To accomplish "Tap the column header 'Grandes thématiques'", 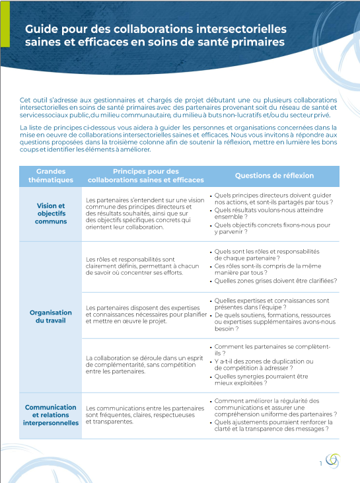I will (x=51, y=175).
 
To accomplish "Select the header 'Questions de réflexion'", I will (x=274, y=176).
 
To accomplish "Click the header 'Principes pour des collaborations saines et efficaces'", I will (x=146, y=175).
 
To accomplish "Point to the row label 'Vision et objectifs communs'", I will (x=51, y=213).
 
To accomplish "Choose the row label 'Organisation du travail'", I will (x=51, y=316).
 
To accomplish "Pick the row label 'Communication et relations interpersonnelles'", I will (x=51, y=415).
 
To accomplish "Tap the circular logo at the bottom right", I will (x=332, y=461).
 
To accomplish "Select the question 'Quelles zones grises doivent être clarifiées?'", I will (x=275, y=280).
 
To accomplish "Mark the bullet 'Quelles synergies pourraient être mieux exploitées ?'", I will (x=270, y=379).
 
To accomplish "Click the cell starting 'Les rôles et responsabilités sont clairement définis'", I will (x=145, y=266).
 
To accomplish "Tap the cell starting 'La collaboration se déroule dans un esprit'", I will (x=145, y=364).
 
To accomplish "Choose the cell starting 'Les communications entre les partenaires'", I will (x=145, y=415).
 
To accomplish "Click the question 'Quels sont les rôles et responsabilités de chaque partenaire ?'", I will (x=268, y=255).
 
